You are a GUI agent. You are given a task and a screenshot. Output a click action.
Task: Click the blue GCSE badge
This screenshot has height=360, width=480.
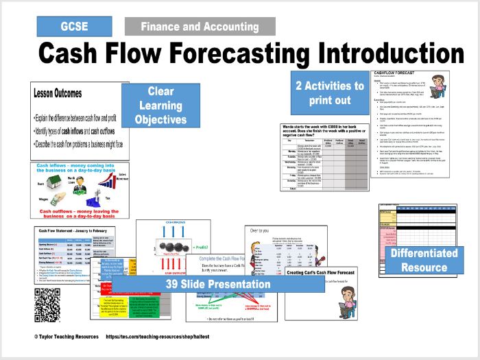(x=74, y=27)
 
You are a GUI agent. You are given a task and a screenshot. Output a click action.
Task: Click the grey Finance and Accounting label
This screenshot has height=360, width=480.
(x=200, y=27)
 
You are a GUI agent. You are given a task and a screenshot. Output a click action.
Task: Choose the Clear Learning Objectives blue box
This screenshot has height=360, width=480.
(x=160, y=105)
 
